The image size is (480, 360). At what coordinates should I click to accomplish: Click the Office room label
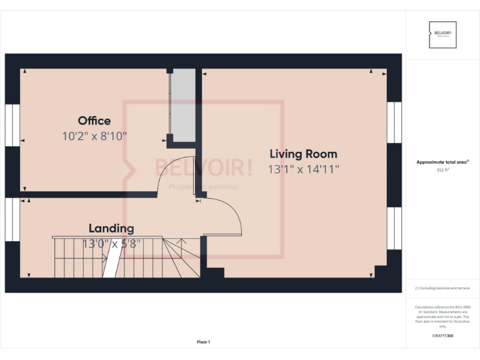(x=94, y=121)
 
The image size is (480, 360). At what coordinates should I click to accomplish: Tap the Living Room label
(x=303, y=154)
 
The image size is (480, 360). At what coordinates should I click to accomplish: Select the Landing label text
(x=111, y=229)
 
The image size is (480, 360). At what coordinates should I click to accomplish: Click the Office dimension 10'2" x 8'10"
(x=95, y=136)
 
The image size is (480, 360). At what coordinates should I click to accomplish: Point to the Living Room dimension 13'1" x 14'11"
(x=303, y=169)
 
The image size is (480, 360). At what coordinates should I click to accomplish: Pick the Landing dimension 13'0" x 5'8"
(x=111, y=244)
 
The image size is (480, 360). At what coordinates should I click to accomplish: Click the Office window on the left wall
(x=12, y=125)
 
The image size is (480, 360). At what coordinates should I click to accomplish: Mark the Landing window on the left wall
(x=12, y=219)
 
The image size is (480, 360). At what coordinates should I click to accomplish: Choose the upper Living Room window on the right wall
(x=394, y=122)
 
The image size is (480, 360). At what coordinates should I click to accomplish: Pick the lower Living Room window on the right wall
(x=394, y=228)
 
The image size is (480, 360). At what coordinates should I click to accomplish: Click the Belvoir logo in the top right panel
(x=443, y=34)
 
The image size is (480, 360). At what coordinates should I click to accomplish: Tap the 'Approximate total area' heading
(x=442, y=162)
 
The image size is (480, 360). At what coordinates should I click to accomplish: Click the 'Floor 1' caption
(x=204, y=342)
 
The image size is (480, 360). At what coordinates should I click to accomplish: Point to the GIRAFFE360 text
(x=442, y=336)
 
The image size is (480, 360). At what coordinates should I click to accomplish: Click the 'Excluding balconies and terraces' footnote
(x=442, y=288)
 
